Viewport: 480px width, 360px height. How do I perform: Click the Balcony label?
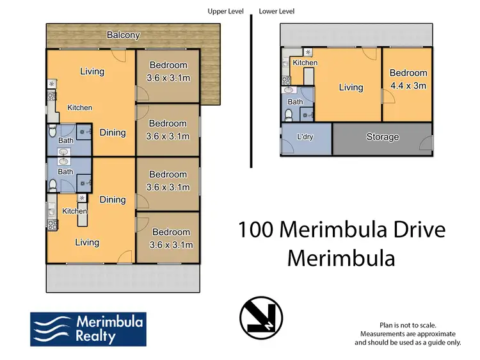123,35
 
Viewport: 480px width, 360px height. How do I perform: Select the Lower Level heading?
276,12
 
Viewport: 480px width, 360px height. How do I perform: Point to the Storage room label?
383,137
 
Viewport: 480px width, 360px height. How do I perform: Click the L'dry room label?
305,137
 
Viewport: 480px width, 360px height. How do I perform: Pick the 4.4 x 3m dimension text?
408,85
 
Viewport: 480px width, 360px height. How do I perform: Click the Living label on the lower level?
351,88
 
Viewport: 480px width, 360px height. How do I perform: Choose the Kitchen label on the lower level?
305,63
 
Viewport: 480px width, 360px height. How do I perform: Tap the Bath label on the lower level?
295,102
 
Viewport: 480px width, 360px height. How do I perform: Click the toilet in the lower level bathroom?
289,115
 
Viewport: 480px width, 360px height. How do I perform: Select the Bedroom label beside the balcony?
168,65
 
